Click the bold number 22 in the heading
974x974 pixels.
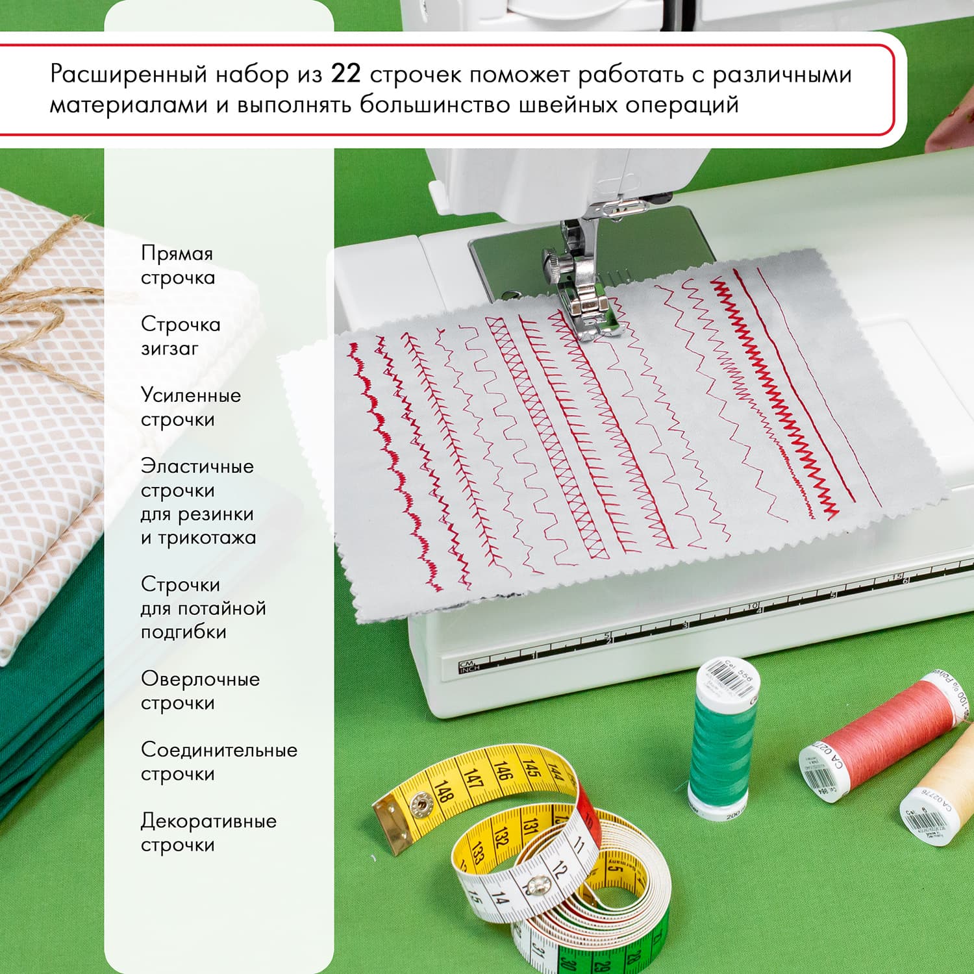tap(345, 74)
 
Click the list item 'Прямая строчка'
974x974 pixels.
tap(177, 265)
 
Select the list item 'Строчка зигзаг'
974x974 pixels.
tap(181, 336)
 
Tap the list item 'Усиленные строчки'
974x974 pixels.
tap(190, 407)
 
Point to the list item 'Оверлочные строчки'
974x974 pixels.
tap(200, 691)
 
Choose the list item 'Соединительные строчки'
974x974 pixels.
tap(219, 762)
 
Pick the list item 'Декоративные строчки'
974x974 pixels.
tap(208, 832)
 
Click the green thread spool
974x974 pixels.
tap(723, 747)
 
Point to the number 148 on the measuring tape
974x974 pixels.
tap(443, 792)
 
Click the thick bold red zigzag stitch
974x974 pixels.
tap(773, 390)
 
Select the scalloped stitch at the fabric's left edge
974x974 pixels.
tap(390, 455)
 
